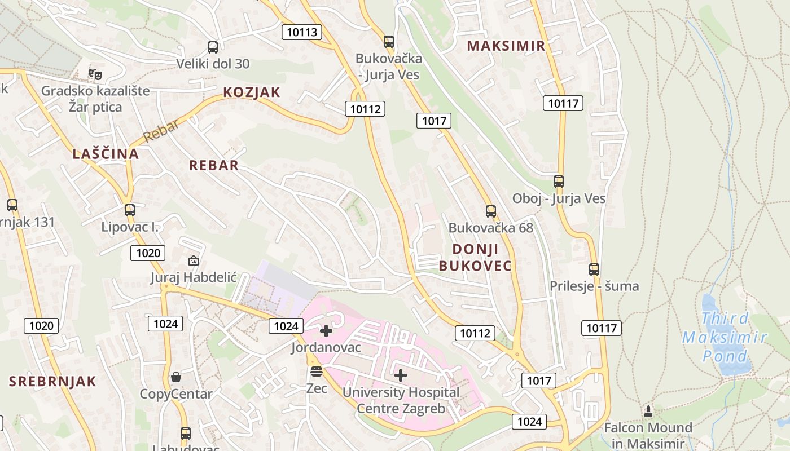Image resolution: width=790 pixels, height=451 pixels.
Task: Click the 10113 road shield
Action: (302, 32)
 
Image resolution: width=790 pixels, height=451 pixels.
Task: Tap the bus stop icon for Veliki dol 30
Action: (213, 47)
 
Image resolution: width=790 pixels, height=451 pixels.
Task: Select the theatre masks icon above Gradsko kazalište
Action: (95, 74)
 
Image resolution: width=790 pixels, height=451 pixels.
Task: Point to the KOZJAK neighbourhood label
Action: (252, 92)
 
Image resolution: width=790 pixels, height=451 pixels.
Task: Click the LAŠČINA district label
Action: (106, 154)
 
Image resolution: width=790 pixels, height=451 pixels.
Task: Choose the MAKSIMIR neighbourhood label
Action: (507, 46)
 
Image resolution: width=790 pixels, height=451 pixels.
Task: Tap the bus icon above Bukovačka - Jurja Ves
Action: (389, 42)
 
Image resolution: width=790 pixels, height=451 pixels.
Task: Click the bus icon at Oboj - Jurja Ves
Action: (559, 182)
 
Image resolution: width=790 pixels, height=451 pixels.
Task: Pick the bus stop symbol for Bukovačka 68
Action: (491, 211)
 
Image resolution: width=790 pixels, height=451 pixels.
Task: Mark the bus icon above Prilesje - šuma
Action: (594, 269)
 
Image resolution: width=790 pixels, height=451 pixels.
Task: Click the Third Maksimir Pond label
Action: (725, 337)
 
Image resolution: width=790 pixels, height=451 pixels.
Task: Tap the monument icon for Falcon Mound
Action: (648, 411)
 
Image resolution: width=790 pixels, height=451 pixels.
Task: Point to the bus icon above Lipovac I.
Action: (130, 210)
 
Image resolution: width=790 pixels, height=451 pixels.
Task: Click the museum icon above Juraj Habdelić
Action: (194, 260)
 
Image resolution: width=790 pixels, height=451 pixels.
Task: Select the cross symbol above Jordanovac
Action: (326, 331)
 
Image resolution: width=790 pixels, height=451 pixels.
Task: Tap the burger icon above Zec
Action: (317, 372)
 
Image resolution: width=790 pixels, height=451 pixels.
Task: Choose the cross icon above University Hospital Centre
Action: (401, 375)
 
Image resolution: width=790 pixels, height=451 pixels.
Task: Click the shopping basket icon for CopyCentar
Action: (176, 377)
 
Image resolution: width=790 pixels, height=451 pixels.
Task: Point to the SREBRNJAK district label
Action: (52, 382)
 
